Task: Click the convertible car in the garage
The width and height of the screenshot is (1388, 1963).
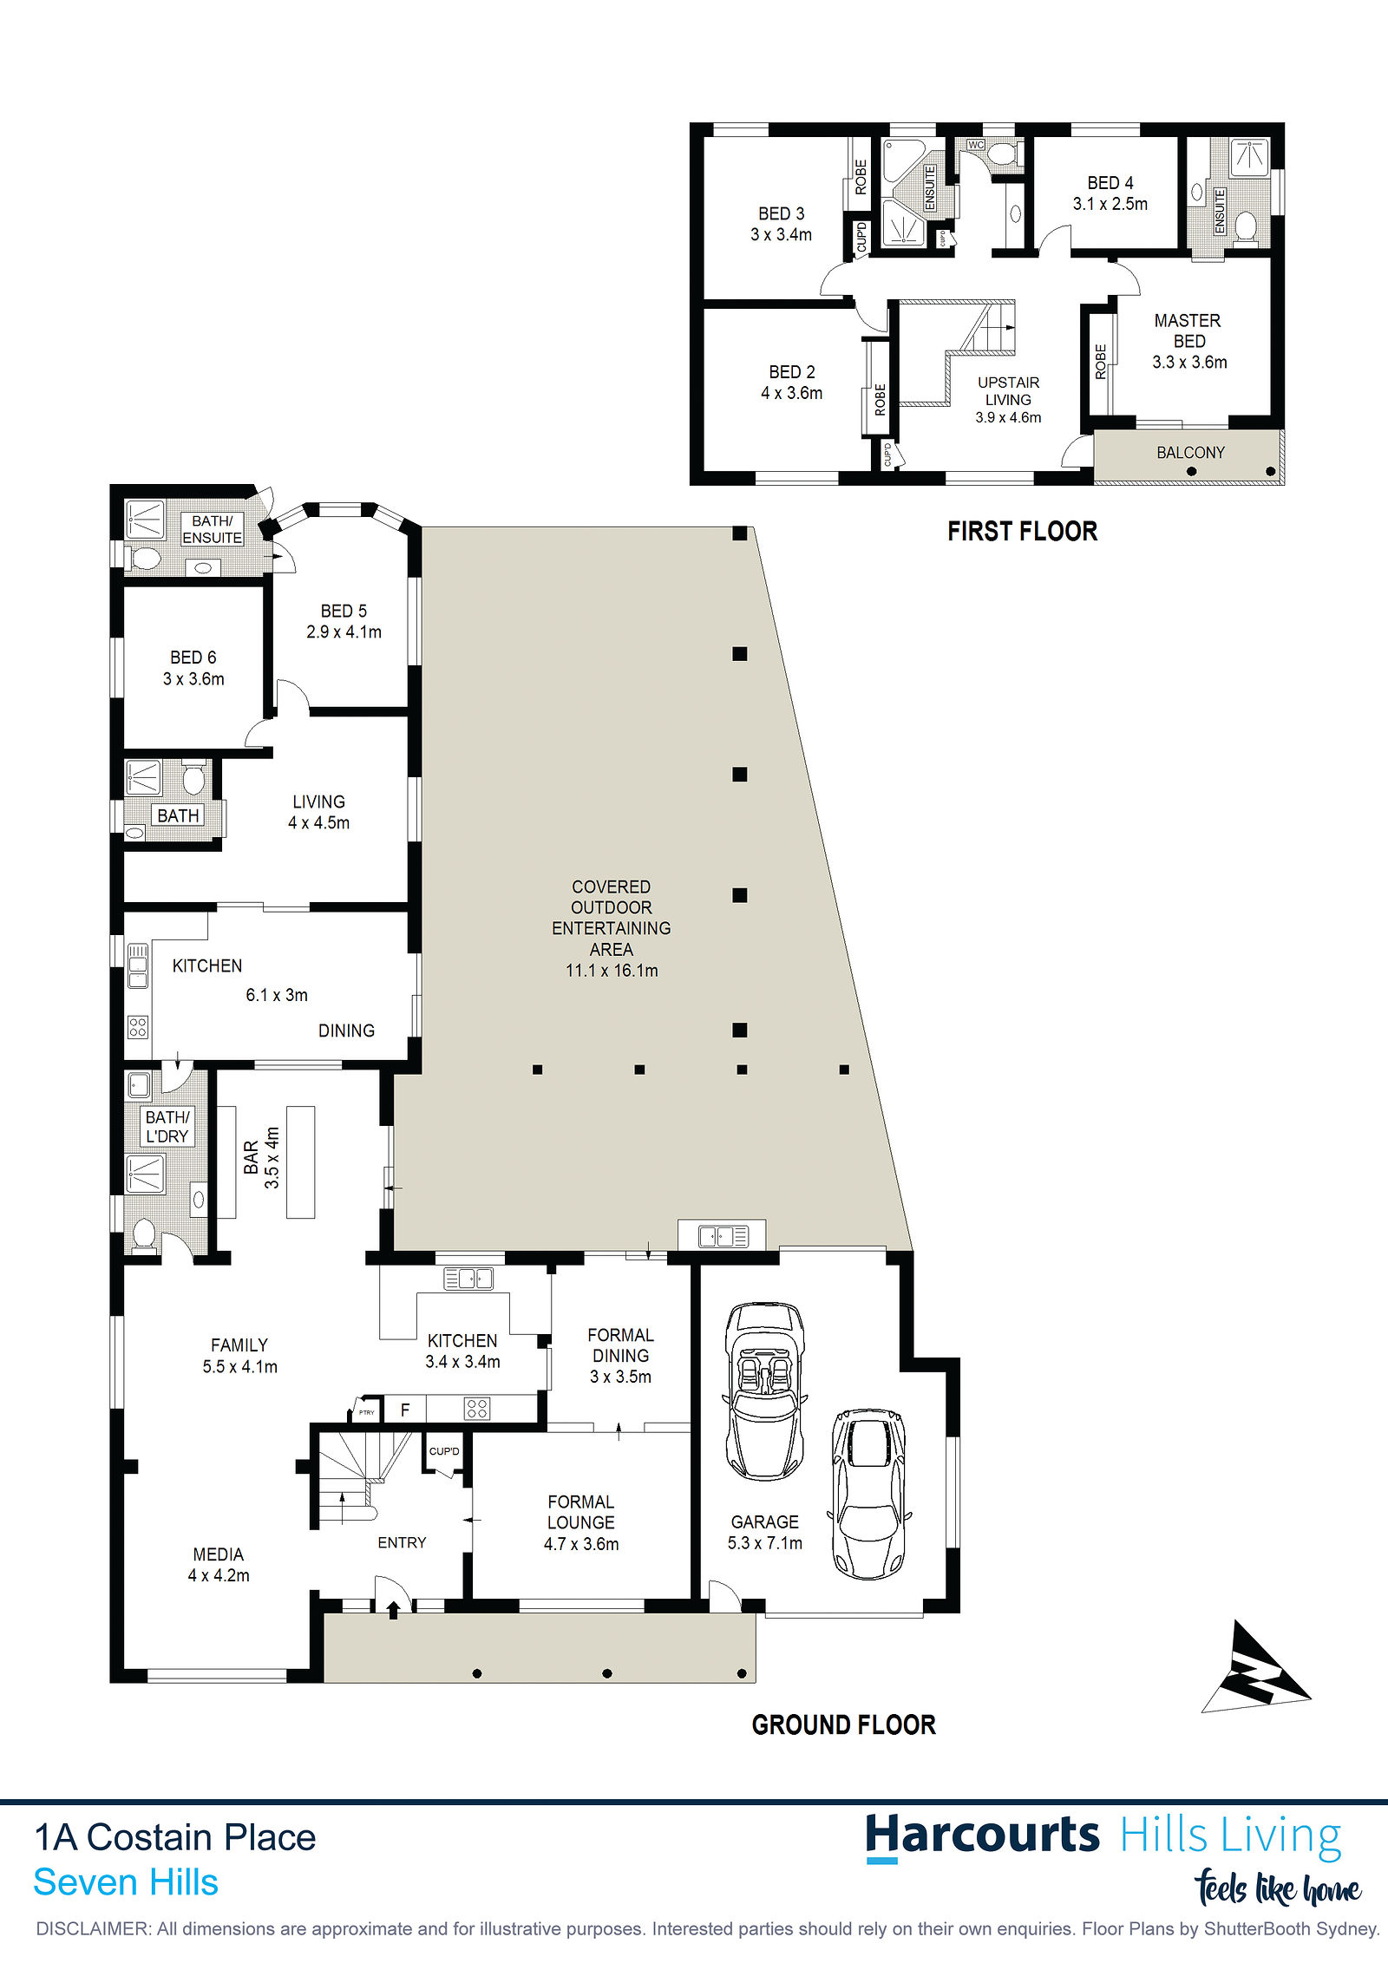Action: click(x=765, y=1390)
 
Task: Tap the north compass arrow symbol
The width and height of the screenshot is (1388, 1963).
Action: click(x=1258, y=1667)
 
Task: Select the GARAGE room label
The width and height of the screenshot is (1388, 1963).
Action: click(x=764, y=1521)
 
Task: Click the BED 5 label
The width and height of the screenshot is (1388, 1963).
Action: click(x=344, y=611)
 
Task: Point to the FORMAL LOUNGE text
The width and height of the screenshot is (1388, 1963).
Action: click(x=581, y=1512)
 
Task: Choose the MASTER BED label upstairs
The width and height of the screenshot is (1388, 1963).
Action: click(x=1188, y=330)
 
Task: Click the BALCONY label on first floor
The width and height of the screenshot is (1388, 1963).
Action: click(x=1190, y=452)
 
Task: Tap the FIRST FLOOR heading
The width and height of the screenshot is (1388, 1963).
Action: click(x=1022, y=531)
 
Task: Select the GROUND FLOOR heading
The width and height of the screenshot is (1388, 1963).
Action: click(x=844, y=1724)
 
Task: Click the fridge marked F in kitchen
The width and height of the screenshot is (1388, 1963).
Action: click(x=404, y=1410)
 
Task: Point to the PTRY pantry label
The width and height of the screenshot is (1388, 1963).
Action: click(x=367, y=1412)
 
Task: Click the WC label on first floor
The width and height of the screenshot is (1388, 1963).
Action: click(x=976, y=145)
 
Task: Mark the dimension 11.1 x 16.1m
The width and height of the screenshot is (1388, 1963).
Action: click(x=612, y=971)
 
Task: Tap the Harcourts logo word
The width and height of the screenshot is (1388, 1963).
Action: click(x=982, y=1836)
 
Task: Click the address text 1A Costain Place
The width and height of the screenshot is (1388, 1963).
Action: click(x=175, y=1837)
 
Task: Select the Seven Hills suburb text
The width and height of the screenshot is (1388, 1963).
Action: click(x=126, y=1882)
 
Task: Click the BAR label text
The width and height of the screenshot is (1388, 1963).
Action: click(x=251, y=1157)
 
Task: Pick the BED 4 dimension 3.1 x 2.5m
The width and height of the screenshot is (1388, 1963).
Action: click(x=1110, y=204)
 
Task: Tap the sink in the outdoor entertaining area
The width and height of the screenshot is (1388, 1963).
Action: click(x=723, y=1234)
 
